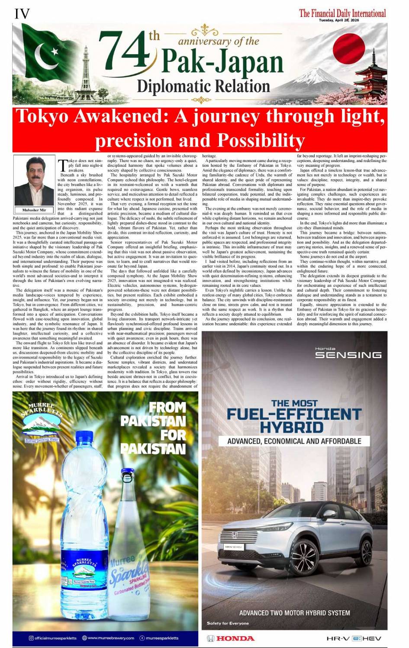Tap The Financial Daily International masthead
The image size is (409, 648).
(342, 13)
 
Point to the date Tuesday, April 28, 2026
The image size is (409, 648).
(339, 20)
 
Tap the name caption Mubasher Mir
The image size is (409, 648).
(34, 210)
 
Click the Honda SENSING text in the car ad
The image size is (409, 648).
(348, 354)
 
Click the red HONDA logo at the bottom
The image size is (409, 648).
(231, 638)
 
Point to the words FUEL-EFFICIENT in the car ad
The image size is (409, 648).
(294, 414)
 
